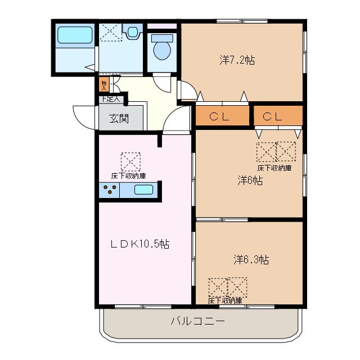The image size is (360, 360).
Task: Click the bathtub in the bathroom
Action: click(x=74, y=36)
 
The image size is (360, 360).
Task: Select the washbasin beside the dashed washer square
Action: click(x=133, y=31)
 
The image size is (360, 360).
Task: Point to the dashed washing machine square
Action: click(x=110, y=32)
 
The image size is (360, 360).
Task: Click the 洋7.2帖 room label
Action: click(x=237, y=59)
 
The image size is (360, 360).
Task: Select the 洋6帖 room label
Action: click(x=250, y=181)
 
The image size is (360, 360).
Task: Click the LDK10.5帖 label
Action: click(x=139, y=244)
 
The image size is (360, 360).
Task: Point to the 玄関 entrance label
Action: click(x=119, y=119)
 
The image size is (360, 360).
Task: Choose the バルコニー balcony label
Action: click(x=197, y=322)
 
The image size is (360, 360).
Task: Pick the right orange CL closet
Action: click(x=277, y=116)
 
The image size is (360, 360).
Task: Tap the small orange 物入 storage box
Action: click(x=103, y=85)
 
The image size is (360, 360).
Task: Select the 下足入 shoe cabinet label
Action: click(x=111, y=100)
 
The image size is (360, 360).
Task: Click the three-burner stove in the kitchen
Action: click(x=110, y=190)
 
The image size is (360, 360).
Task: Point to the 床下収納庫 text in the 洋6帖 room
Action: click(x=274, y=168)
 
